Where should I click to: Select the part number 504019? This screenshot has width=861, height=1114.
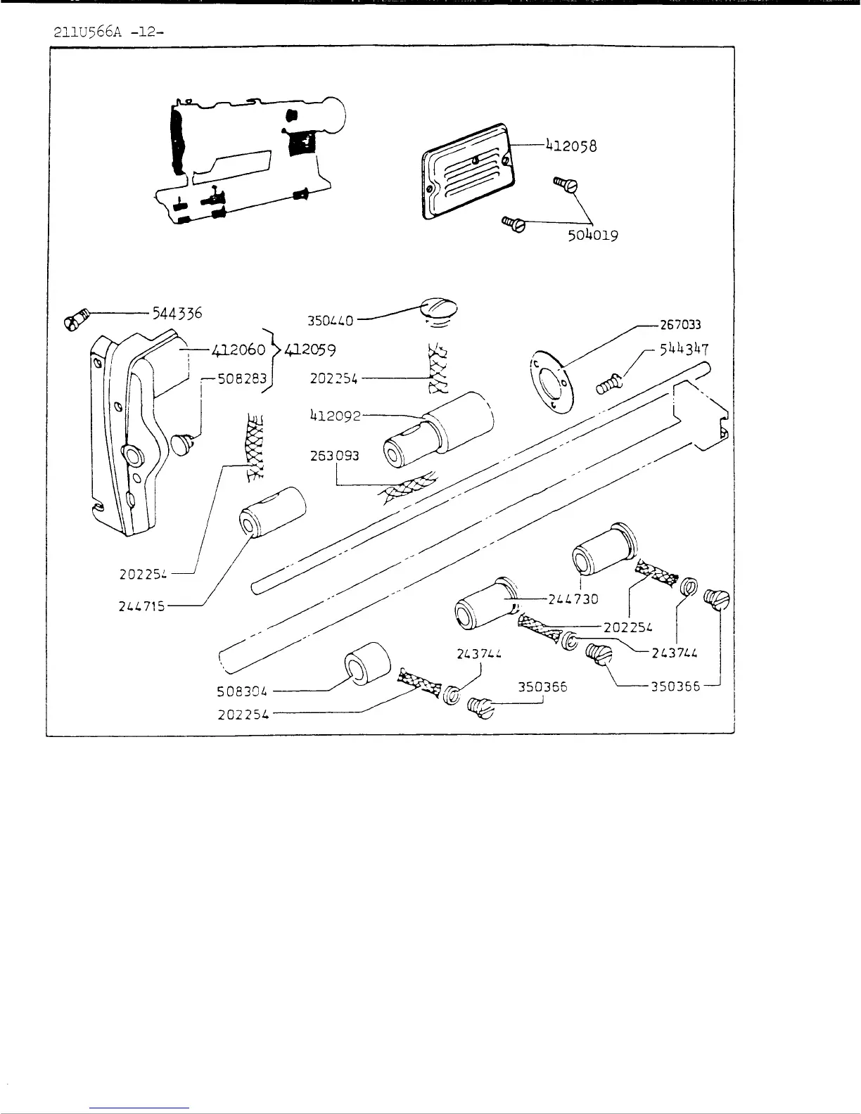click(593, 235)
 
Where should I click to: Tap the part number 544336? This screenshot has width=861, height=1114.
click(177, 313)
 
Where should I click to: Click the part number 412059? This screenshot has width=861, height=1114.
click(311, 349)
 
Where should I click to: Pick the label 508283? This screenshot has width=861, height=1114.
click(242, 379)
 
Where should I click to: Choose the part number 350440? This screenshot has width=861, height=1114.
click(330, 321)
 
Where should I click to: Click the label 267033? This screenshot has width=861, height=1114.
click(680, 325)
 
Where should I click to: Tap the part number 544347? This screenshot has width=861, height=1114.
click(684, 350)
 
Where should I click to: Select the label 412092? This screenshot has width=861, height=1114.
click(335, 416)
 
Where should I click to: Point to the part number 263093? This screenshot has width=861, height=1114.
click(335, 456)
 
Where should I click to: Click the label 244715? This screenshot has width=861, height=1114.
click(142, 606)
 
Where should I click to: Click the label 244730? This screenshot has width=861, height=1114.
click(573, 599)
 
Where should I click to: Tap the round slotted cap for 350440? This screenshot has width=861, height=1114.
click(438, 309)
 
